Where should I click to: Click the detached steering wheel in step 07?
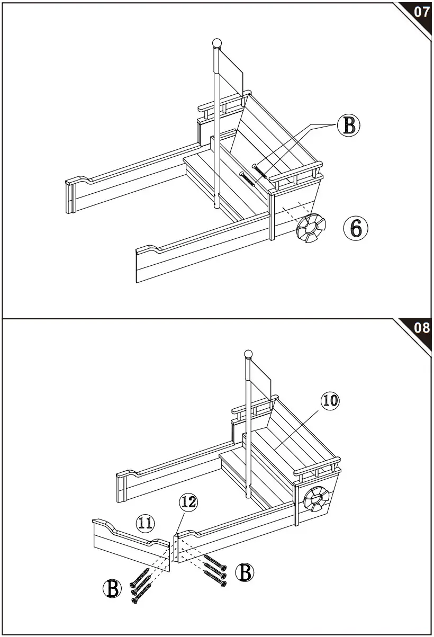311,228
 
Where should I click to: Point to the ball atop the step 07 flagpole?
216,43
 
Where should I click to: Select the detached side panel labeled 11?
130,545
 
